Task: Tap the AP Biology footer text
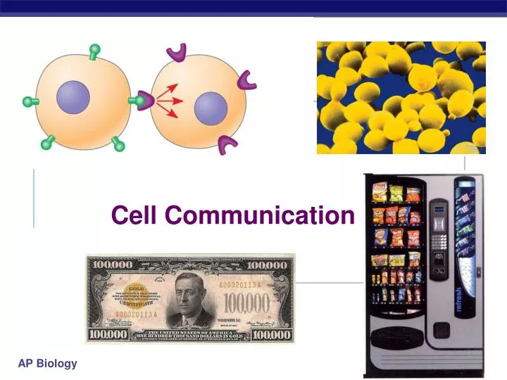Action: (48, 363)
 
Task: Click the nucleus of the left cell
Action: (73, 97)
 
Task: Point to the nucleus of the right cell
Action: (210, 108)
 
